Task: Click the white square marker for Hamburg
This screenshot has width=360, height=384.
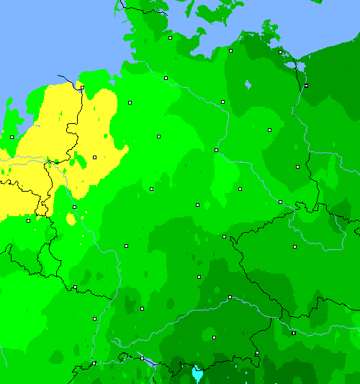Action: click(x=166, y=78)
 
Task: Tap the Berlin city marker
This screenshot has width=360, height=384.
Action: click(x=269, y=130)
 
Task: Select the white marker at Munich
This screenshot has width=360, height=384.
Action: click(x=214, y=337)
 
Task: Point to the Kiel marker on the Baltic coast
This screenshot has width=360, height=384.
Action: click(x=171, y=37)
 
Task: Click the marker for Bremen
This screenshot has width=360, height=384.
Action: click(x=130, y=103)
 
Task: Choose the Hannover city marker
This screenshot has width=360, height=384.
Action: click(x=158, y=136)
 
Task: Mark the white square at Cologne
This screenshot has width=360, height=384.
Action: click(x=74, y=207)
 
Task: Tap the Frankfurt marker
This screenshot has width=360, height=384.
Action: click(x=126, y=246)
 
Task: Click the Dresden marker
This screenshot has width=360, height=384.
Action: click(x=280, y=202)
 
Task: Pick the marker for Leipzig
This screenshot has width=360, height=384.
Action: click(x=240, y=189)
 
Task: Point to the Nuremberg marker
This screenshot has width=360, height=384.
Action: click(x=199, y=277)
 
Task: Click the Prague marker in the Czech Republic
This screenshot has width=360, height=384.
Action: click(x=294, y=247)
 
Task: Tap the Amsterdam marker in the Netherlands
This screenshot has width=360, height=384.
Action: click(x=12, y=136)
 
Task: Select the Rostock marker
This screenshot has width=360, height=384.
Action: click(x=230, y=50)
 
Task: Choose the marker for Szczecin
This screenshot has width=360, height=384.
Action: click(x=306, y=85)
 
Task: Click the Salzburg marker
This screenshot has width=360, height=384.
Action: click(x=257, y=353)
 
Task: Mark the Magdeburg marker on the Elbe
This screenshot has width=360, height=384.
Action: click(x=216, y=150)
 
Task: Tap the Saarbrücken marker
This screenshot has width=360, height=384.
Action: click(x=75, y=287)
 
